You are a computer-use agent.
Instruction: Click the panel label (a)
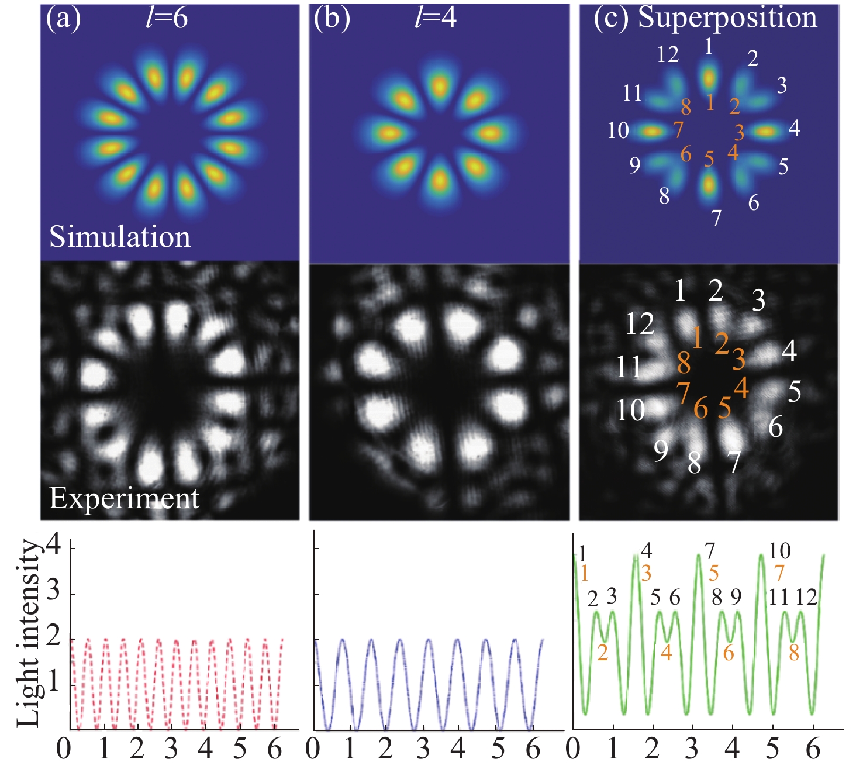click(63, 19)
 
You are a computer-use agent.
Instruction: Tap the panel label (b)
click(332, 19)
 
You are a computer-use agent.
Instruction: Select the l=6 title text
click(166, 19)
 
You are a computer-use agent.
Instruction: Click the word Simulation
click(120, 237)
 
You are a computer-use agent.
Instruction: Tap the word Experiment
click(124, 499)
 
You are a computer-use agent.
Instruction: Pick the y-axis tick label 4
click(54, 547)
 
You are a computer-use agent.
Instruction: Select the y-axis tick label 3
click(54, 592)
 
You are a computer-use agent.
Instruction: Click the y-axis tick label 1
click(54, 682)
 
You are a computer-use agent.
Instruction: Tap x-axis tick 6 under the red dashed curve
click(275, 749)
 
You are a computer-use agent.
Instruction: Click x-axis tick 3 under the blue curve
click(422, 749)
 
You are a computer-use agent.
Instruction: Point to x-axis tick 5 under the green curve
click(773, 749)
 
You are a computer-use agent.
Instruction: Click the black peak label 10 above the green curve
click(779, 551)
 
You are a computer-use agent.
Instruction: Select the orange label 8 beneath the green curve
click(793, 653)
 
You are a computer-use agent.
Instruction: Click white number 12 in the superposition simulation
click(668, 54)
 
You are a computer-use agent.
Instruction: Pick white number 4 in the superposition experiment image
click(789, 351)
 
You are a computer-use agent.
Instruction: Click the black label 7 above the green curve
click(710, 551)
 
